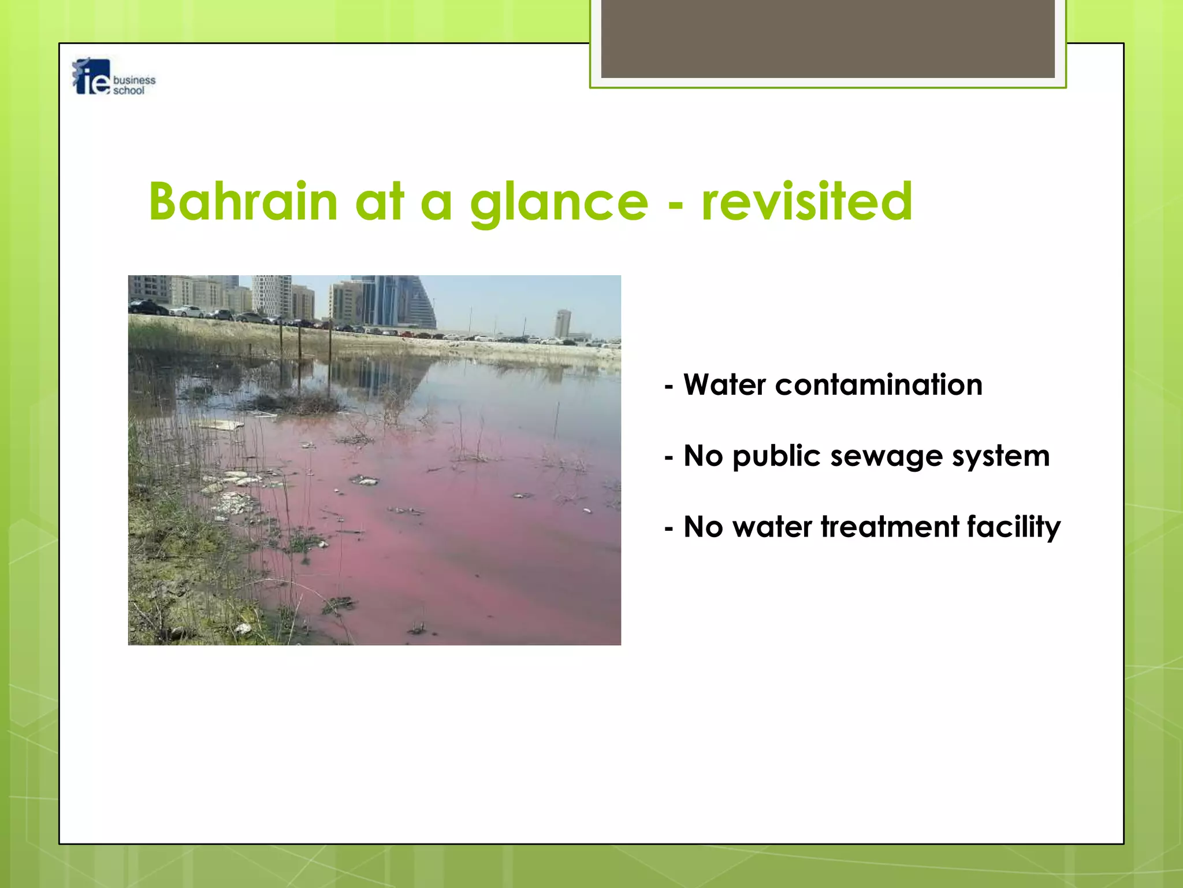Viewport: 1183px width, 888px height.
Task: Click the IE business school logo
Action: pos(113,77)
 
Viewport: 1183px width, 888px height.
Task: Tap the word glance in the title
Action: pos(559,202)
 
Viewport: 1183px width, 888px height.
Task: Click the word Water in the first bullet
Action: pos(724,385)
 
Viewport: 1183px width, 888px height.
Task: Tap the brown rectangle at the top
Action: pos(827,38)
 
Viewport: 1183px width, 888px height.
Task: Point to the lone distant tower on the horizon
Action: pos(563,323)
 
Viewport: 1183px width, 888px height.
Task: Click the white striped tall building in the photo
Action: pos(271,295)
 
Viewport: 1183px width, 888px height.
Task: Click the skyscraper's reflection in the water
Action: pos(381,376)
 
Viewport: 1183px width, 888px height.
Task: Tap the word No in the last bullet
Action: pos(703,527)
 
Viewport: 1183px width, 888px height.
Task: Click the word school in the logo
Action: pos(128,91)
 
